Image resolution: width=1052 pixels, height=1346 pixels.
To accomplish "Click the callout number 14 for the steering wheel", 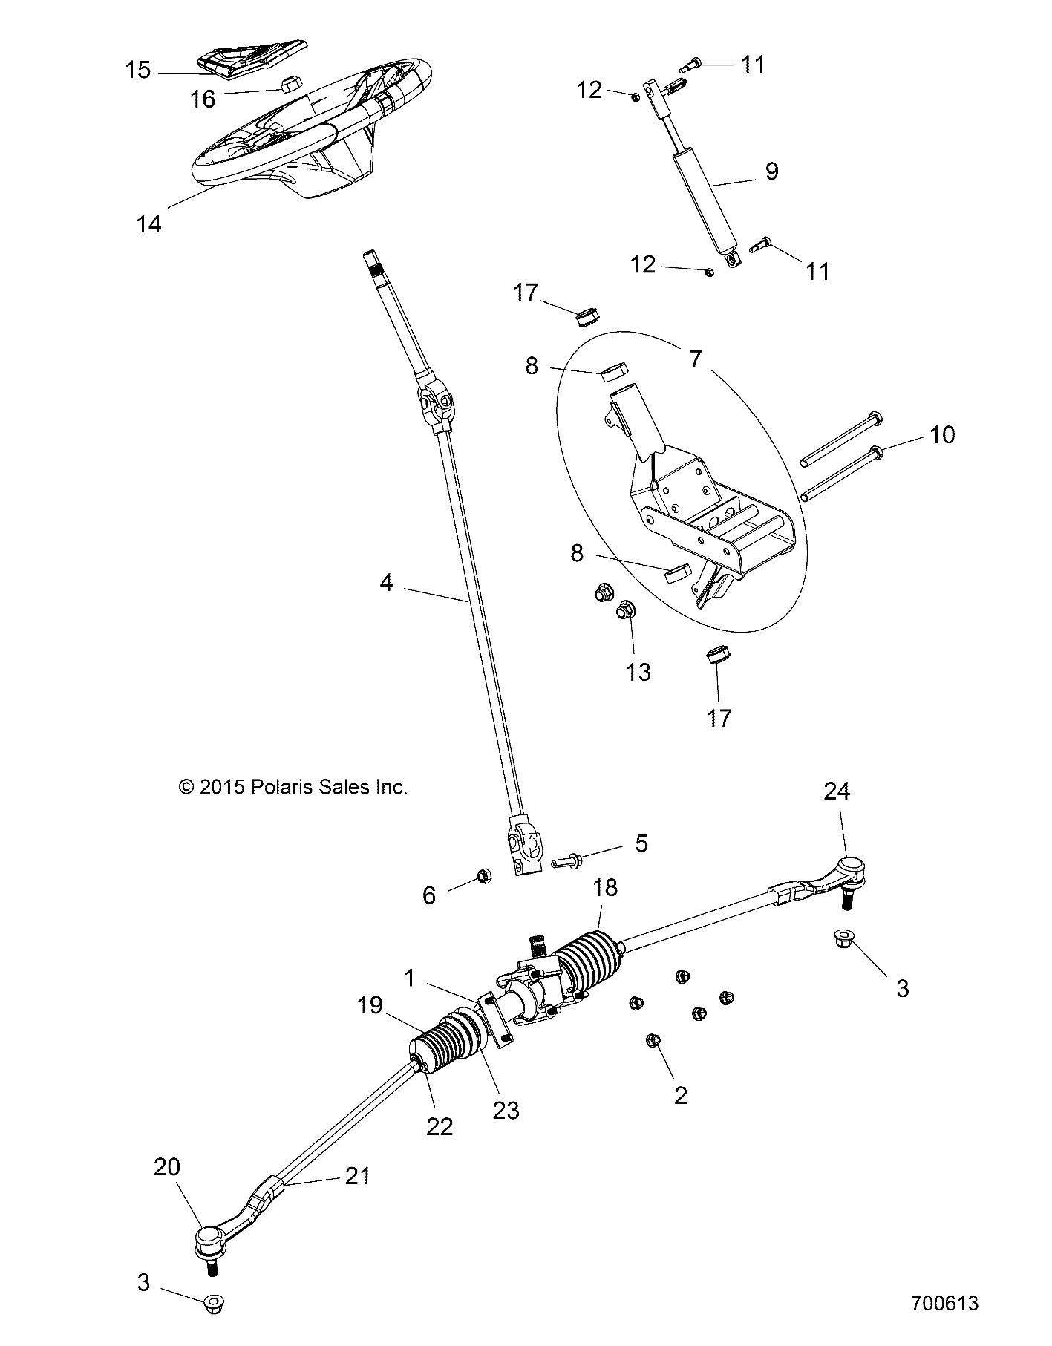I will (148, 223).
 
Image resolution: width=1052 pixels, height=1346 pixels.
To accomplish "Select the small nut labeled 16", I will (290, 83).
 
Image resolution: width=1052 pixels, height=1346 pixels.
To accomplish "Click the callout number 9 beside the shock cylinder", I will (771, 171).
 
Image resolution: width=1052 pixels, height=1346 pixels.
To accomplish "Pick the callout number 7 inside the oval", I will (695, 359).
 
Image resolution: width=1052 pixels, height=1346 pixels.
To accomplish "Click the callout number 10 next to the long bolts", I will (942, 434).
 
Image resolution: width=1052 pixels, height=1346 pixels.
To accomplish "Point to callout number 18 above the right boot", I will (606, 887).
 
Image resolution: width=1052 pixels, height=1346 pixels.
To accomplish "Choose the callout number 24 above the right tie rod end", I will (837, 791).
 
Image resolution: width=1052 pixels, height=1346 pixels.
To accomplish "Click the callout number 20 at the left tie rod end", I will (166, 1167).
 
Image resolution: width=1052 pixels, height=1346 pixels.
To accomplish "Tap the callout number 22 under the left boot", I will (440, 1126).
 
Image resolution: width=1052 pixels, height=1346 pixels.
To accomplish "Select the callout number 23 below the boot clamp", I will (506, 1110).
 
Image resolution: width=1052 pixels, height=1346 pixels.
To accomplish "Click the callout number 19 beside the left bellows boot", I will (370, 1005).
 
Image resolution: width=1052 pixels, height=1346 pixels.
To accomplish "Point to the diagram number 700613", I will (944, 1324).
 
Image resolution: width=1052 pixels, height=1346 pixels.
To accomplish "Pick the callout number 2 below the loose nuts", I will (681, 1095).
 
